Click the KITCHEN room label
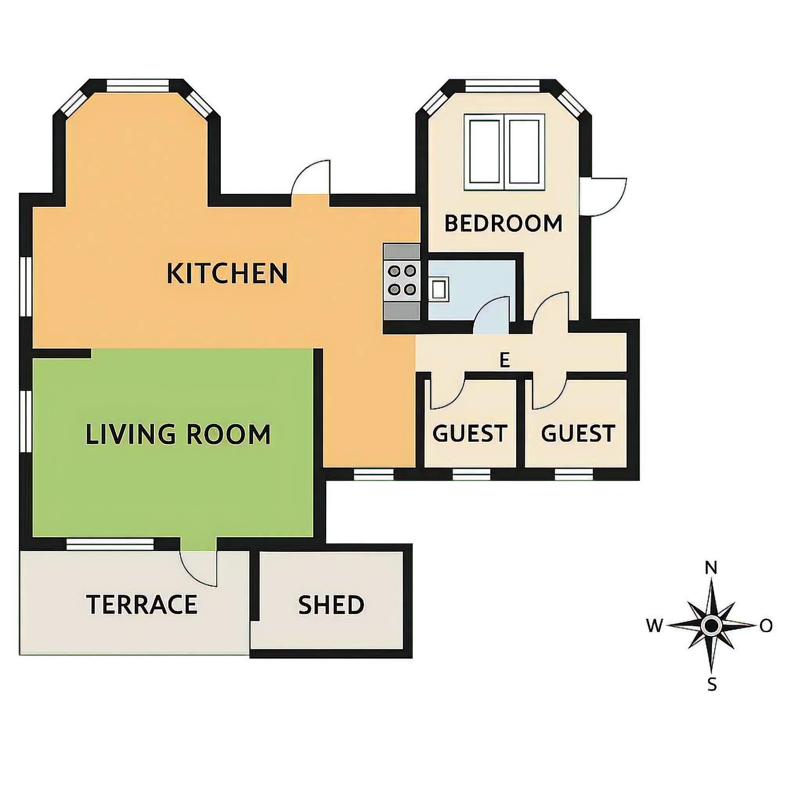tap(227, 273)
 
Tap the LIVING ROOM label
tap(178, 434)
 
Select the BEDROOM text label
tap(503, 223)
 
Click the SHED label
tap(331, 605)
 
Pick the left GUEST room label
tap(470, 433)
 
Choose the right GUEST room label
tap(578, 433)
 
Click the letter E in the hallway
tap(504, 360)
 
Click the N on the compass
tap(712, 567)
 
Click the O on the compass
tap(766, 625)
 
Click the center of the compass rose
tap(712, 625)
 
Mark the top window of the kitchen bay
tap(138, 85)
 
